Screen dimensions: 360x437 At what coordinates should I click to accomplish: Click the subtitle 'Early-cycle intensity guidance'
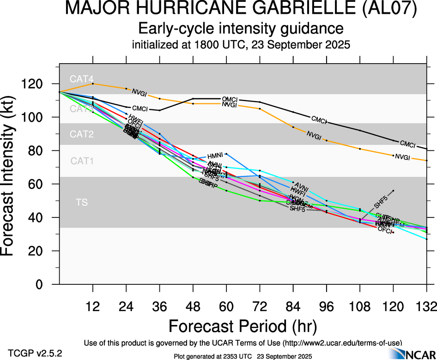(241, 29)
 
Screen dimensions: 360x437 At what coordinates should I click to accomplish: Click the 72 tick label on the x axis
(260, 306)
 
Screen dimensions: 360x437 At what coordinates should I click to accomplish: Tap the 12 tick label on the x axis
(93, 306)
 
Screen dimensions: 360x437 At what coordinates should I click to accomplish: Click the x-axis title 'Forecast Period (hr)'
(242, 326)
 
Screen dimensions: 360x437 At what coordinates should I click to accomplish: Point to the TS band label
(81, 202)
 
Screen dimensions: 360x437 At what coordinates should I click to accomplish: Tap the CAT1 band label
(82, 161)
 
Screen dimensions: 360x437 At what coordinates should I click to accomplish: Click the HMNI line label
(215, 156)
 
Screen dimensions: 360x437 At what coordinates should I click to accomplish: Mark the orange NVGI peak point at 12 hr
(93, 84)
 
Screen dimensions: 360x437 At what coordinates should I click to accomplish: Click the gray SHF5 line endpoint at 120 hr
(393, 191)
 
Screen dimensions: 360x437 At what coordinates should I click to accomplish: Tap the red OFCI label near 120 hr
(385, 229)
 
